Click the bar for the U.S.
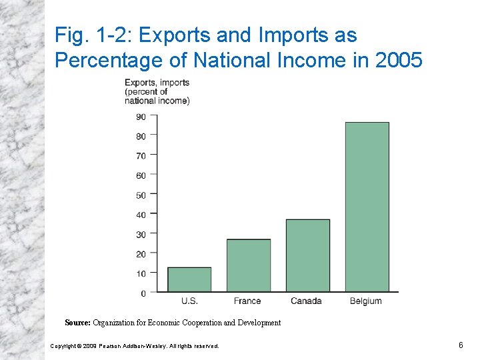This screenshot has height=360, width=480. [x=189, y=279]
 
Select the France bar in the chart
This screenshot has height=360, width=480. [x=249, y=265]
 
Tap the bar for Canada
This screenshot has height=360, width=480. [x=307, y=255]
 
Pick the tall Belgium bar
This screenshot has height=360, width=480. [x=367, y=207]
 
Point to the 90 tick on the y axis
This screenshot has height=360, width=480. [x=141, y=117]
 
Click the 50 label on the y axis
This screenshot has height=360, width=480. [x=141, y=195]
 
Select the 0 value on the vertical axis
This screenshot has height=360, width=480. [x=143, y=293]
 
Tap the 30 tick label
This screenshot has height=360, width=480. [x=141, y=235]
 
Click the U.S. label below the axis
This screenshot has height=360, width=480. [x=189, y=301]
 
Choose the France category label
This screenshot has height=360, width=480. [x=247, y=301]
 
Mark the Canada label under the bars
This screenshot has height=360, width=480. [x=306, y=301]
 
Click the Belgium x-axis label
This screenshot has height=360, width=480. [x=366, y=301]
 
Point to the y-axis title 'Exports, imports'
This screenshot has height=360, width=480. [x=157, y=83]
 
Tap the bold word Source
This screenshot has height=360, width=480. [x=77, y=323]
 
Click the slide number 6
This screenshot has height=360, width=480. [x=460, y=345]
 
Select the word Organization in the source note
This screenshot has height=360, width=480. [x=118, y=323]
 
